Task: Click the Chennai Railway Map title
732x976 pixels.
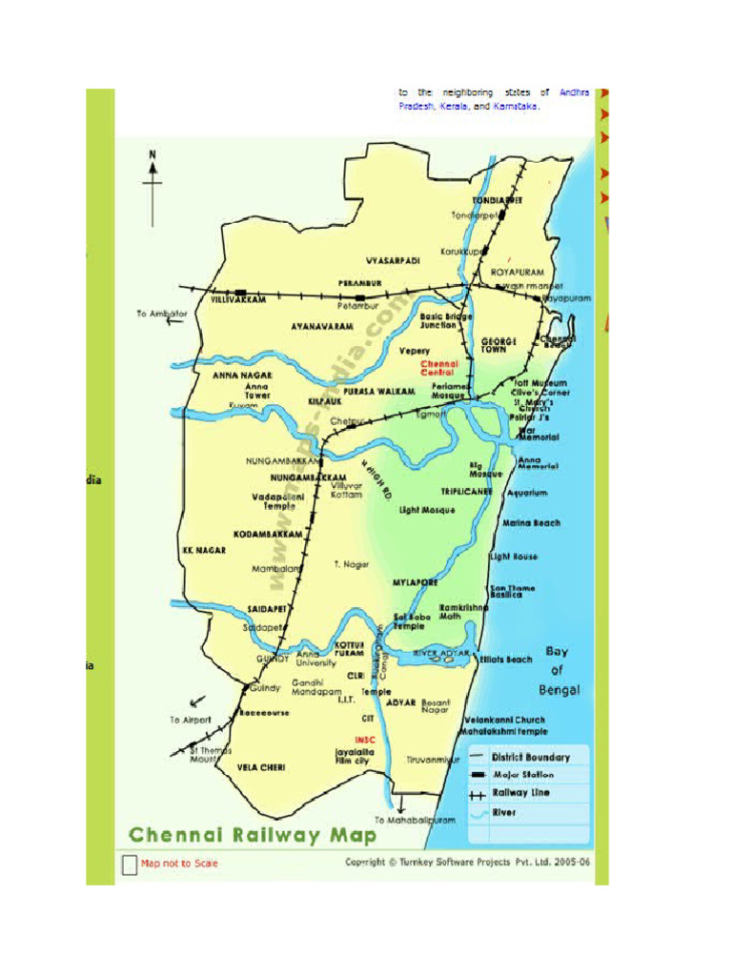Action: click(253, 836)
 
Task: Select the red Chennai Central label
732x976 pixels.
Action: click(439, 368)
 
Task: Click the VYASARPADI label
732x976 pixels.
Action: click(393, 260)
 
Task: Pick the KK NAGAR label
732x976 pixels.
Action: click(204, 550)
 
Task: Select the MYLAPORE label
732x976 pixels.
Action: click(416, 581)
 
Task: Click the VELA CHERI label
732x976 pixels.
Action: click(260, 766)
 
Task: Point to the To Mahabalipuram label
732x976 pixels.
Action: click(415, 820)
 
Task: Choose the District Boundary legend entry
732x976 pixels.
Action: click(530, 758)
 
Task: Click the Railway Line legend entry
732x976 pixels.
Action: click(520, 793)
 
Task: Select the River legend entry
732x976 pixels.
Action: click(504, 812)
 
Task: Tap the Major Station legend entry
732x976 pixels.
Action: click(522, 775)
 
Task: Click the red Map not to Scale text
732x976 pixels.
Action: click(179, 864)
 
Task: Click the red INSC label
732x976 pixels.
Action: click(365, 740)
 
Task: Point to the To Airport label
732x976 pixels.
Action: click(191, 720)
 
